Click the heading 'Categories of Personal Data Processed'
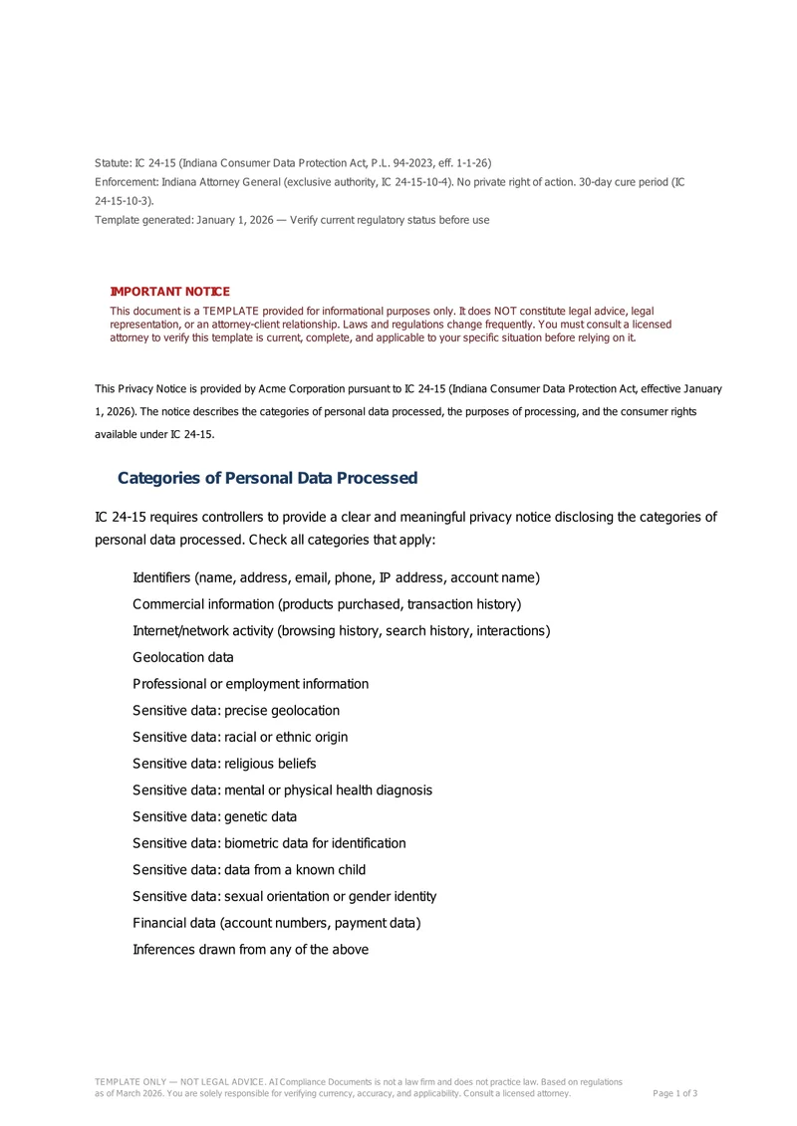pyautogui.click(x=267, y=478)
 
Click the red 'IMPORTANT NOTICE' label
pyautogui.click(x=169, y=292)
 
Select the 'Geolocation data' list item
pyautogui.click(x=183, y=657)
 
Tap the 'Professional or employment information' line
pyautogui.click(x=250, y=684)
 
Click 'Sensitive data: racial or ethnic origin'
pyautogui.click(x=240, y=737)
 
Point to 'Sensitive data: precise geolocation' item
pyautogui.click(x=236, y=711)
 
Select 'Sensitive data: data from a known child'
pyautogui.click(x=249, y=869)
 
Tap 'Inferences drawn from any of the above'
pyautogui.click(x=250, y=949)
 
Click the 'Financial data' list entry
pyautogui.click(x=276, y=923)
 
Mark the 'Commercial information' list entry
pyautogui.click(x=327, y=604)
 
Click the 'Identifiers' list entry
pyautogui.click(x=336, y=577)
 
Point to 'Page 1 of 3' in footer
pyautogui.click(x=674, y=1093)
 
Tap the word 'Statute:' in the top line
pyautogui.click(x=114, y=162)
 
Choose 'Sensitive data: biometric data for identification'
pyautogui.click(x=269, y=843)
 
